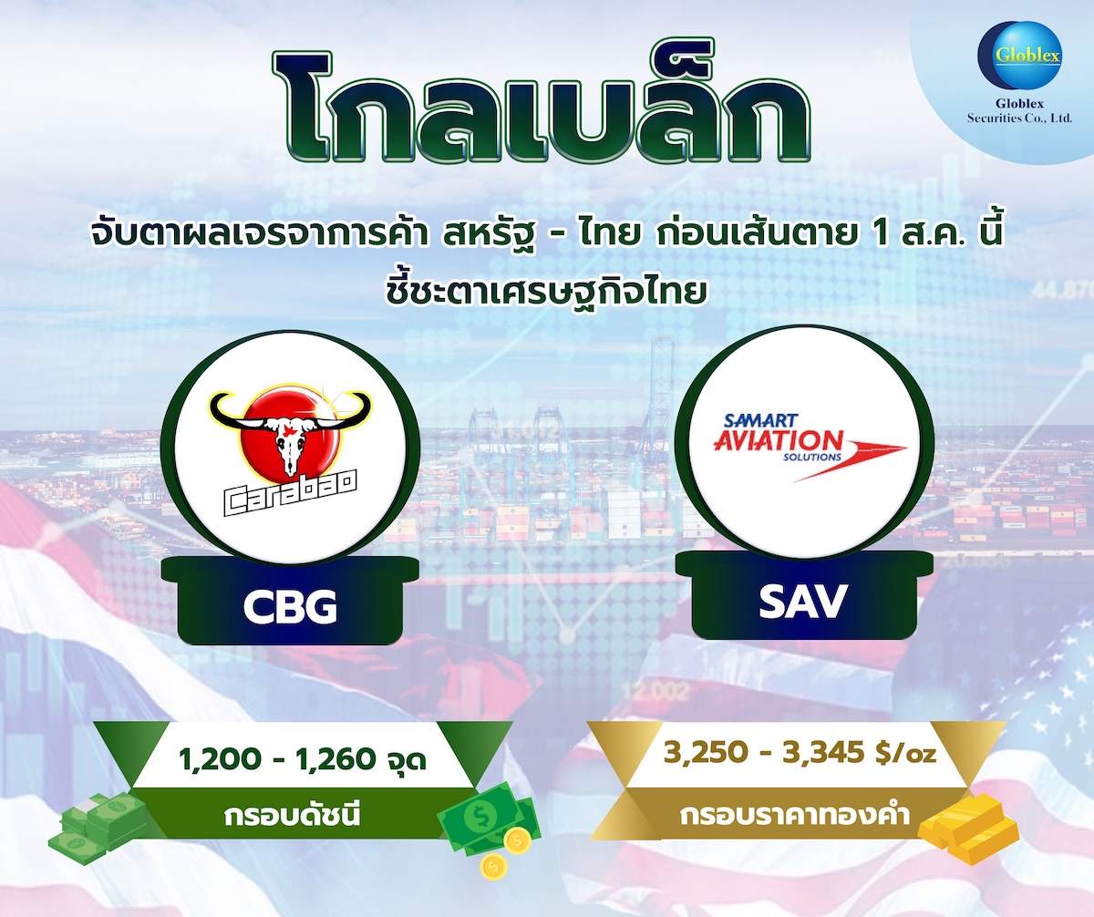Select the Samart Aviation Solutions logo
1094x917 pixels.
[809, 447]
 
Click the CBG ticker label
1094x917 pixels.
[290, 607]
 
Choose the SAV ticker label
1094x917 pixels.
[803, 603]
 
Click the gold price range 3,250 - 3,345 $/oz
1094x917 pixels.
[800, 754]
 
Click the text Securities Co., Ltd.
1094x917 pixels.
[1019, 118]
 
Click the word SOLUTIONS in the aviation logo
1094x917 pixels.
[811, 457]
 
